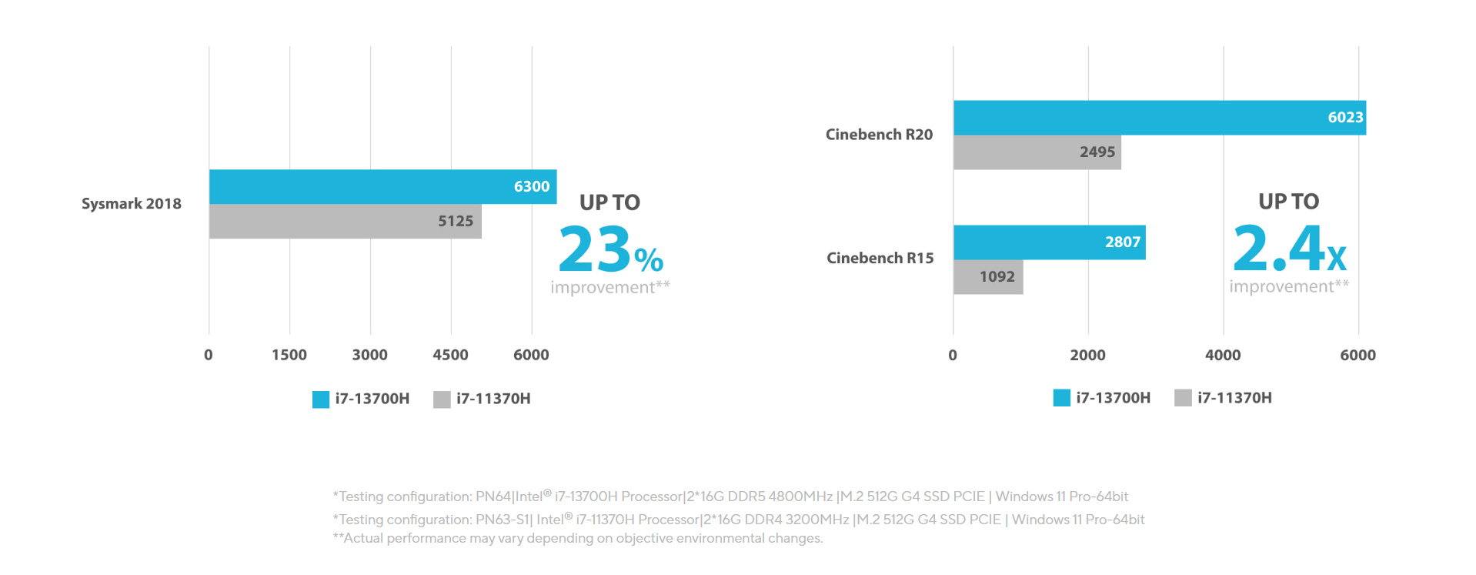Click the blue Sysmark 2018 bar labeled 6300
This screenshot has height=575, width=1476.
point(382,186)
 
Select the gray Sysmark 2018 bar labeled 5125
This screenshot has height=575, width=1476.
point(345,221)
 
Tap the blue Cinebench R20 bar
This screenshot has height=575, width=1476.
point(1159,118)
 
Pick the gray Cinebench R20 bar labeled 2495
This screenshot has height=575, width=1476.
point(1037,152)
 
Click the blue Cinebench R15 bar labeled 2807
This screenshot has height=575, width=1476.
point(1049,242)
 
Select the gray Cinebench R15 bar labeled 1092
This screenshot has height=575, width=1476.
point(988,276)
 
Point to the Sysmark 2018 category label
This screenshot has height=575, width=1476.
point(132,204)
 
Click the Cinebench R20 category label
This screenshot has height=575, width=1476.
point(879,135)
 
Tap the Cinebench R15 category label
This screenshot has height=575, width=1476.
point(880,258)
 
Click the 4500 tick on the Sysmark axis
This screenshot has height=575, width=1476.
point(450,355)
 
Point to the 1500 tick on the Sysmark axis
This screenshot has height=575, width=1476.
point(289,355)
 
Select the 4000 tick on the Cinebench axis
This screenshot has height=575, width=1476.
point(1223,355)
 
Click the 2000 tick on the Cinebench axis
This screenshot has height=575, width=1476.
point(1087,355)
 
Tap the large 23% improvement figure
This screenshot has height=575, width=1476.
point(610,249)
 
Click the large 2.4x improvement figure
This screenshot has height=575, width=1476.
point(1289,249)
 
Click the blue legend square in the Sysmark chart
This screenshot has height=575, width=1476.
point(321,399)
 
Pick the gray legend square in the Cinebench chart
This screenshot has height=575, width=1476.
point(1183,398)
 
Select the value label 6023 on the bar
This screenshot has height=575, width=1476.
point(1345,117)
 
